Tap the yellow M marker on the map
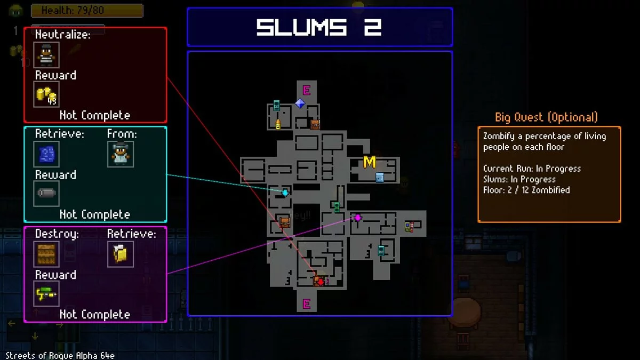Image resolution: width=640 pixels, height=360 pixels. point(369,163)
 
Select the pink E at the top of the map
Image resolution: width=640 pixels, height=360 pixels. point(307,90)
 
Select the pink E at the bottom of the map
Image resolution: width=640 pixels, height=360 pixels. point(307,304)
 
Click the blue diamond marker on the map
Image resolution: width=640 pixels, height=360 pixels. point(300,103)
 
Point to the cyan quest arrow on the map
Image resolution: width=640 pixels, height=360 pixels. point(285,193)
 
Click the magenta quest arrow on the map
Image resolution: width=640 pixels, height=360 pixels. point(358,218)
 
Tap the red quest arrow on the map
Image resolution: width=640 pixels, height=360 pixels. point(319,281)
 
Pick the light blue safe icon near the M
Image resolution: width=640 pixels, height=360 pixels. point(380,178)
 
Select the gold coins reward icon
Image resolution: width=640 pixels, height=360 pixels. point(46,95)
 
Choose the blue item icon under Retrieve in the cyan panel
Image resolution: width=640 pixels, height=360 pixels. point(46,155)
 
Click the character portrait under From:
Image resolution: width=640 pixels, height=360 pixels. point(120,155)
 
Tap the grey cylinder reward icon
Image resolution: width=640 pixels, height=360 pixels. point(46,194)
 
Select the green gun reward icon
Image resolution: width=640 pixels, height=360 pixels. point(46,294)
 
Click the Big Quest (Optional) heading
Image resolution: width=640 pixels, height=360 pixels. point(546,117)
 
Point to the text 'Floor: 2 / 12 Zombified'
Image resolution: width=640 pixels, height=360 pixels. point(526,190)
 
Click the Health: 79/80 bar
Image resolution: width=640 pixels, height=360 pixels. point(87,11)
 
